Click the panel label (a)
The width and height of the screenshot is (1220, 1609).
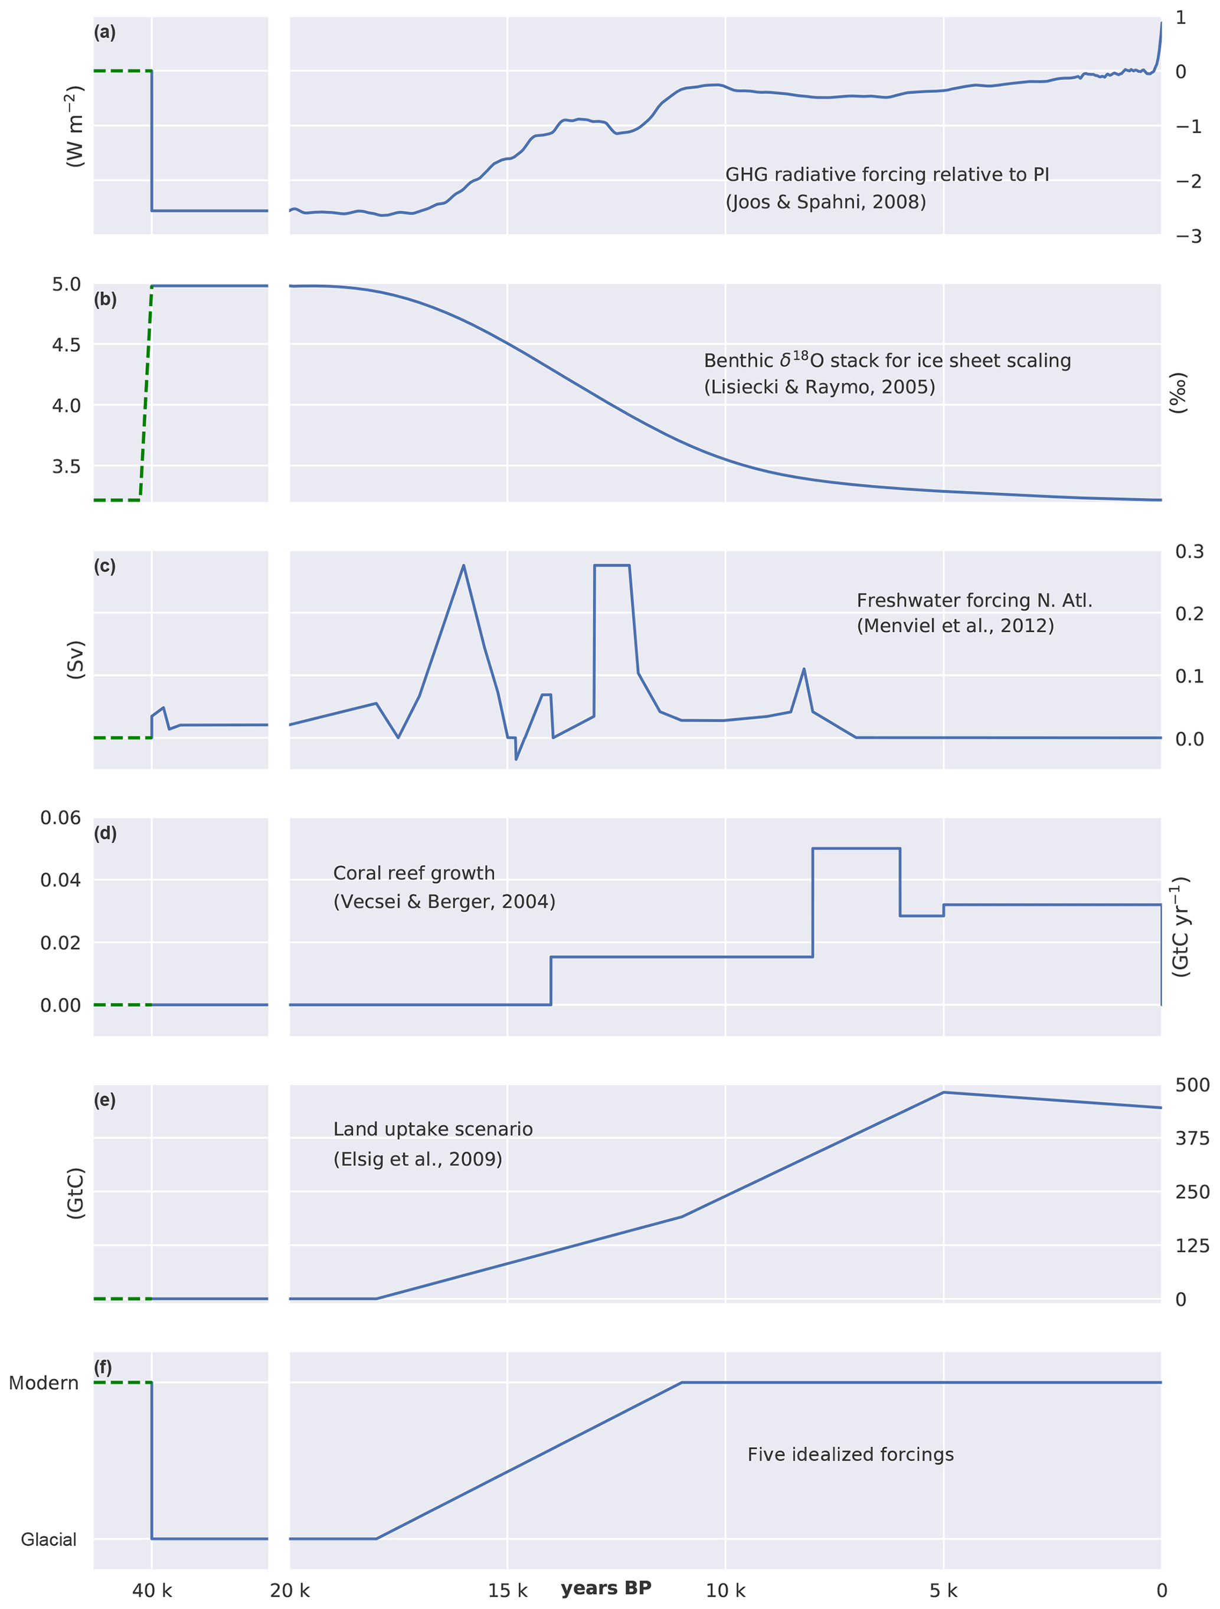click(x=104, y=32)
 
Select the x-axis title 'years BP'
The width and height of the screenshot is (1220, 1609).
click(x=606, y=1587)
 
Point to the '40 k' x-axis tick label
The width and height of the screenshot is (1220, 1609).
click(x=152, y=1590)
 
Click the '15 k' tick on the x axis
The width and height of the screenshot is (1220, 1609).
click(x=507, y=1590)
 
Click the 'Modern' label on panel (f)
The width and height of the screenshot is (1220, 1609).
click(x=44, y=1383)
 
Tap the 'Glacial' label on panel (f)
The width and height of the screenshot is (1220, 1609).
click(x=49, y=1539)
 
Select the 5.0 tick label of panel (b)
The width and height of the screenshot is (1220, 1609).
click(x=66, y=284)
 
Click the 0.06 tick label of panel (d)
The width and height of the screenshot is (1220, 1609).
click(x=60, y=818)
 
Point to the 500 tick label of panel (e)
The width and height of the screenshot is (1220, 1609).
click(x=1192, y=1084)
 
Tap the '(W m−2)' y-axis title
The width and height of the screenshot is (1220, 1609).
click(x=75, y=126)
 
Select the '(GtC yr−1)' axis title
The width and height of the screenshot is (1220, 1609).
click(x=1180, y=926)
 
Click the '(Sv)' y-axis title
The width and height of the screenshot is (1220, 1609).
click(x=76, y=660)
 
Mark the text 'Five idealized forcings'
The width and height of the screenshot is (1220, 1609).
click(x=851, y=1454)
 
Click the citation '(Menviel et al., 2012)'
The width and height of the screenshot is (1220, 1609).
click(x=954, y=625)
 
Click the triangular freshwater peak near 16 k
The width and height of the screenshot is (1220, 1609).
click(x=463, y=566)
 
